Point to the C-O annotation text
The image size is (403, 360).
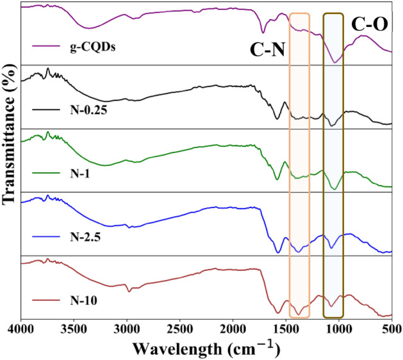[x=370, y=26]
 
